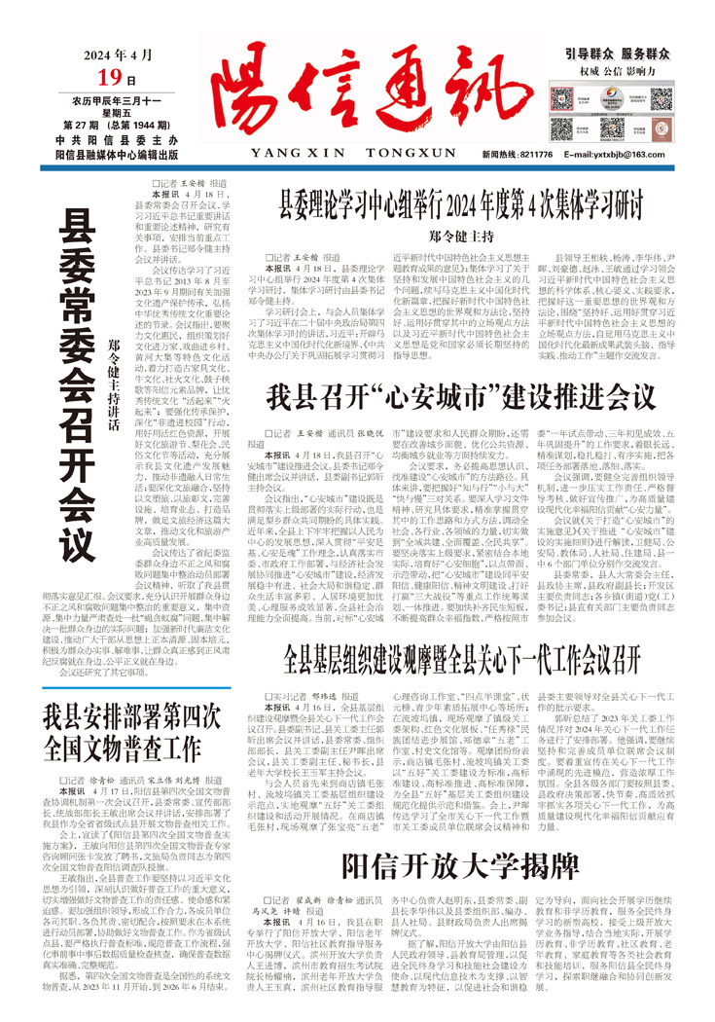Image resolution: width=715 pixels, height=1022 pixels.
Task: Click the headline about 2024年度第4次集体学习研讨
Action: (x=462, y=207)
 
